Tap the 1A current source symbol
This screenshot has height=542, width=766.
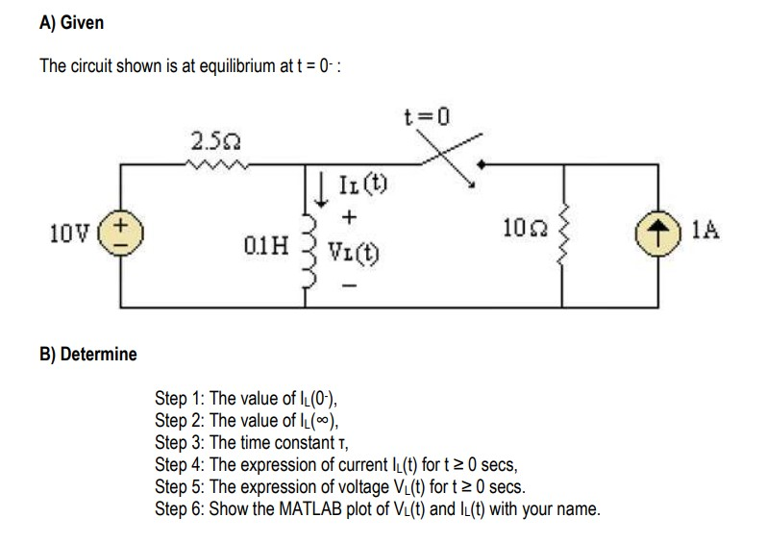(x=658, y=233)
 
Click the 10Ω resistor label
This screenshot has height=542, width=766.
(x=520, y=227)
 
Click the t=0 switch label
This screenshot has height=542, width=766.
(x=427, y=117)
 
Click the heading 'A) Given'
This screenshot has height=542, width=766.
(x=72, y=21)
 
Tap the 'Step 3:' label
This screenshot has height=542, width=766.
(x=180, y=442)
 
